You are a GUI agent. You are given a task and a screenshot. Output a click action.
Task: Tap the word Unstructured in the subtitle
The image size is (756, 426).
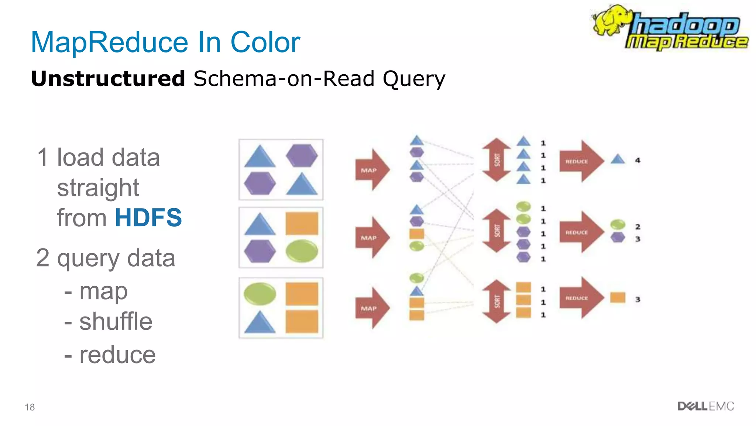click(x=108, y=79)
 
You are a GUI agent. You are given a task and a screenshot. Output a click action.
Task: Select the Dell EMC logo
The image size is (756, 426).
click(x=705, y=406)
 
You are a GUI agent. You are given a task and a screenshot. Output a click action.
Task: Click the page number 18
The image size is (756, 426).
click(x=30, y=407)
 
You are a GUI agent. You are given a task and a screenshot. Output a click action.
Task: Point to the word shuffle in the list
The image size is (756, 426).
click(x=116, y=321)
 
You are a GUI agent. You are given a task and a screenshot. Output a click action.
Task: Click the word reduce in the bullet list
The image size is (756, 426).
click(x=117, y=355)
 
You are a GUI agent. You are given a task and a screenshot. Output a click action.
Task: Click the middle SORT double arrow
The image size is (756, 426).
click(x=497, y=231)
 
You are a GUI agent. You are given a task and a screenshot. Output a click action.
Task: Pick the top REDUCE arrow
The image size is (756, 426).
click(x=581, y=161)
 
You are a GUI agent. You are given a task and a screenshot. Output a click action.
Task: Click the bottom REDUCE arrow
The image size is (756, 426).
click(x=581, y=298)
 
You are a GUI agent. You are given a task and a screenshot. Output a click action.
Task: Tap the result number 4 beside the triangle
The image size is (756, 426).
click(x=638, y=160)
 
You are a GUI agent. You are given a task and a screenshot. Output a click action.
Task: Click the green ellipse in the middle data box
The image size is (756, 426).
click(x=302, y=251)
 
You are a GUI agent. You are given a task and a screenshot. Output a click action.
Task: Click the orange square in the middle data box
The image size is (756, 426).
click(x=302, y=223)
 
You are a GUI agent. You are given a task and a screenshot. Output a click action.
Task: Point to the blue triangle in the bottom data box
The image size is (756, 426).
click(x=260, y=322)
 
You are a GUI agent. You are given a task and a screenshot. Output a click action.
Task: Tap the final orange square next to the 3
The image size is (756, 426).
click(x=618, y=297)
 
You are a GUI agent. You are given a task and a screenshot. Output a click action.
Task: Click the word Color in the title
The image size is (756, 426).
click(x=265, y=42)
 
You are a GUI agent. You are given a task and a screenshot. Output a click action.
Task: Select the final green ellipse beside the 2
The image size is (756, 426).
click(x=618, y=224)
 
